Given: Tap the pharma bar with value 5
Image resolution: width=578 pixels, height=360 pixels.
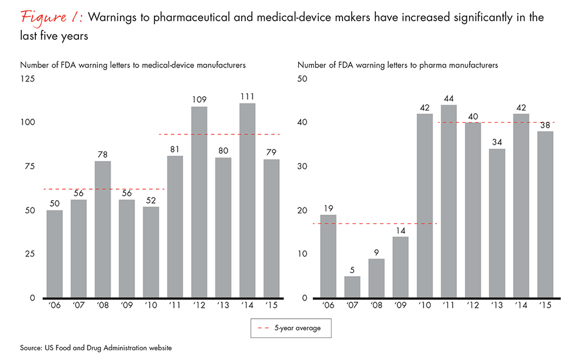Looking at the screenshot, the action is (x=353, y=287).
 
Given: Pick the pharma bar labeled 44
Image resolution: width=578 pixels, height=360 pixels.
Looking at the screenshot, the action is (x=449, y=201).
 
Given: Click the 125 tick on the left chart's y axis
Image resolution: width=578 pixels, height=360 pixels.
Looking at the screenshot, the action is (x=28, y=78).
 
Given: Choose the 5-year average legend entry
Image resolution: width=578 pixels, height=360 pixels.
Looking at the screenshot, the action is (x=290, y=328).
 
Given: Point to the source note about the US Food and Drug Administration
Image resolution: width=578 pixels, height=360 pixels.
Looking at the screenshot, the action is (x=96, y=348).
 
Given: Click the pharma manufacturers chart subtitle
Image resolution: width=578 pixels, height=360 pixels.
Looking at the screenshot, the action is (x=397, y=64).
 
